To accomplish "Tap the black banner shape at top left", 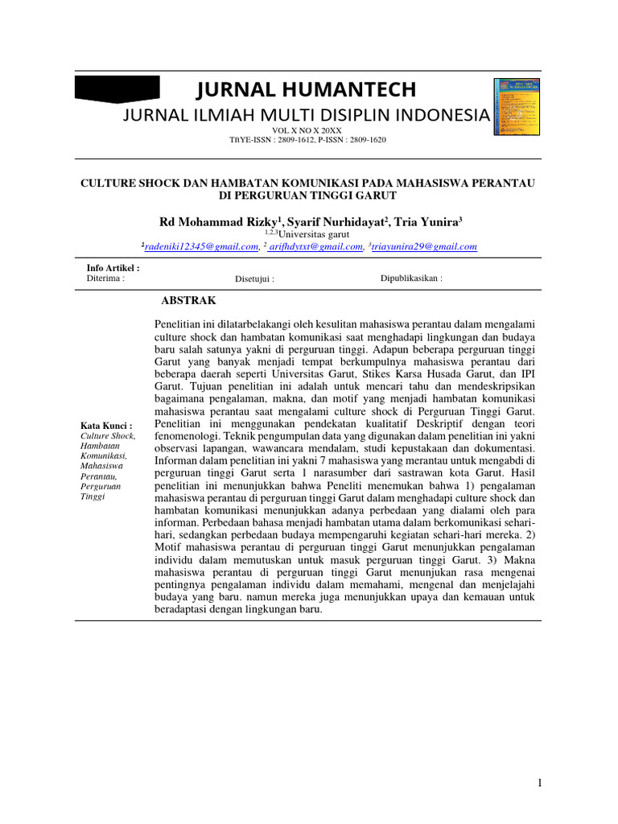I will [x=117, y=89].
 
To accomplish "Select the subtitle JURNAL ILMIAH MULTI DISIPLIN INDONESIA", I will [x=305, y=115].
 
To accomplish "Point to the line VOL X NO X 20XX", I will [x=308, y=130].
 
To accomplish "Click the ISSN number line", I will [x=308, y=140].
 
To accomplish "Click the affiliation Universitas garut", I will [x=308, y=234].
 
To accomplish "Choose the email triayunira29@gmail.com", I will [x=424, y=247].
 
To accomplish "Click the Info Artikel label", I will [x=113, y=267].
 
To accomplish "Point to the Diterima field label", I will [x=105, y=278].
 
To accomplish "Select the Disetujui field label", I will [x=255, y=279].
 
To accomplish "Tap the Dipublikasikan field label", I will [x=411, y=278].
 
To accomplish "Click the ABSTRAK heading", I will [x=189, y=300].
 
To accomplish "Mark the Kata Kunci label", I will [x=107, y=425].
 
